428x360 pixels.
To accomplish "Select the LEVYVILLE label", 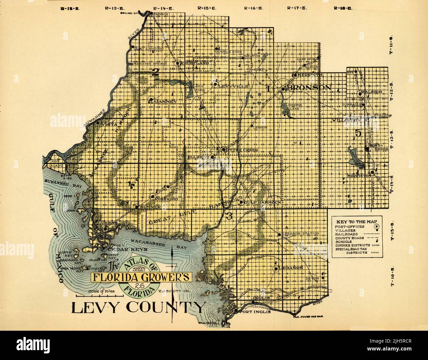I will pyautogui.click(x=233, y=86).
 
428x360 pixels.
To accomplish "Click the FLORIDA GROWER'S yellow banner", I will pyautogui.click(x=141, y=277).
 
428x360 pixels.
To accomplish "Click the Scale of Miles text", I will pyautogui.click(x=100, y=292).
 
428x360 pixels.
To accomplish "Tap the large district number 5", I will pyautogui.click(x=359, y=133).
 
